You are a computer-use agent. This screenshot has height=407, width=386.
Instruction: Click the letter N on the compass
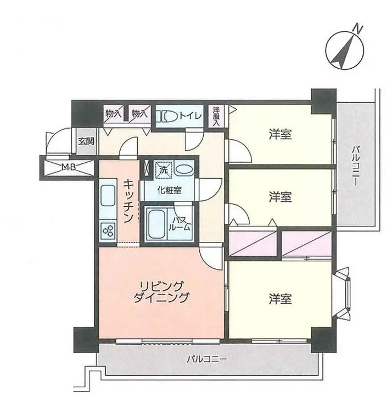[358, 28]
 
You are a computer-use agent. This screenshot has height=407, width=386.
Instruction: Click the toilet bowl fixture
[166, 116]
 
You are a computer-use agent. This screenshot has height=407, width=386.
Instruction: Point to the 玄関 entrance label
[86, 141]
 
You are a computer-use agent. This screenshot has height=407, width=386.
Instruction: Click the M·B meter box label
[69, 168]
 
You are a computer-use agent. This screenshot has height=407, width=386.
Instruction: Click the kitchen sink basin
[108, 196]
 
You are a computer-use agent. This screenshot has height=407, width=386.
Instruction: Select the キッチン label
[128, 201]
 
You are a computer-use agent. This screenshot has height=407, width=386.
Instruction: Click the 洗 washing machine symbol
[163, 170]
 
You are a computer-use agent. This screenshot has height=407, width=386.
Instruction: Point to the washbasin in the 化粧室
[184, 170]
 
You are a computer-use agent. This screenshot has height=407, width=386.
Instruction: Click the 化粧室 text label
[170, 191]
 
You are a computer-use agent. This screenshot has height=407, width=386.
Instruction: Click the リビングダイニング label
[161, 291]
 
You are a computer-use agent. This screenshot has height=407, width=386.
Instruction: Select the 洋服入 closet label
[216, 116]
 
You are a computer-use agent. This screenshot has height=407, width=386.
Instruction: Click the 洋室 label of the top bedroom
[281, 135]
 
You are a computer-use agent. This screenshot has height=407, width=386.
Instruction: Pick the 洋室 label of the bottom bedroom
[281, 299]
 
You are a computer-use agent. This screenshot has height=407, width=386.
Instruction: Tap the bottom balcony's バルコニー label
[207, 360]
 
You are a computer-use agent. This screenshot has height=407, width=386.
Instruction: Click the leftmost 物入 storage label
[113, 113]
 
